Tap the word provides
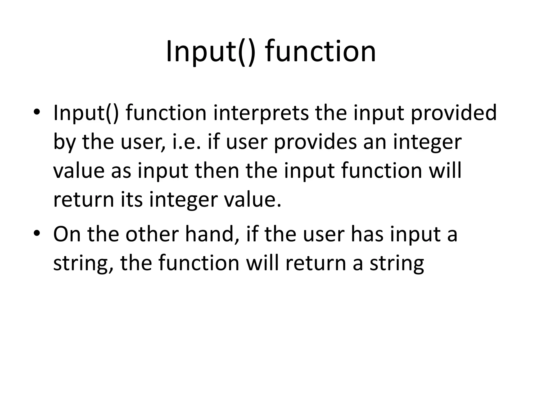[x=315, y=142]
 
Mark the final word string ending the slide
[x=397, y=264]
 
